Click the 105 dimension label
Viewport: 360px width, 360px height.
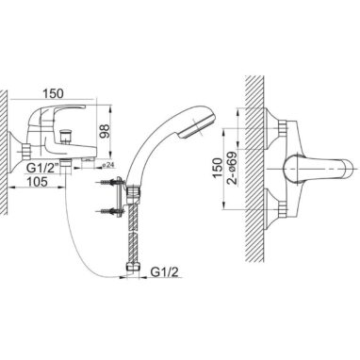(x=37, y=182)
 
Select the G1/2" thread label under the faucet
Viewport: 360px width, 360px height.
(x=42, y=169)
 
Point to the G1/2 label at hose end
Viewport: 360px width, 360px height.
(x=164, y=272)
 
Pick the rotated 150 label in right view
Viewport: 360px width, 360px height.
(x=218, y=168)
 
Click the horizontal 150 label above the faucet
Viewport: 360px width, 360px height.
(x=53, y=93)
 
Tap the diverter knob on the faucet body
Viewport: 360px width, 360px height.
(x=65, y=135)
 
